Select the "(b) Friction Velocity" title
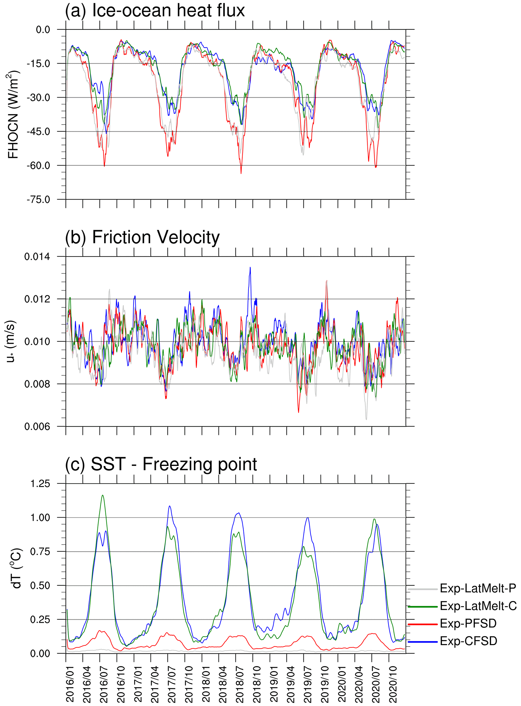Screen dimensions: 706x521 [x=142, y=238]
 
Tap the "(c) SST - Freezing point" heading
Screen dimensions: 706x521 [x=161, y=464]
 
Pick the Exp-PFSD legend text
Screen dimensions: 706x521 [x=468, y=623]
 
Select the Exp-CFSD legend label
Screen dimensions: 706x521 [x=468, y=641]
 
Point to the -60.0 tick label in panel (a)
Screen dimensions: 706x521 [x=38, y=166]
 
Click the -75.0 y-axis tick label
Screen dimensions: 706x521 [x=38, y=200]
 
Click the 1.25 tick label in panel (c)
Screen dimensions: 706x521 [x=40, y=484]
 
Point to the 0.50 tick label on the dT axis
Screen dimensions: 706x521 [x=40, y=586]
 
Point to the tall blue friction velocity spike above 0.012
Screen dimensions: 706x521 [x=250, y=268]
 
